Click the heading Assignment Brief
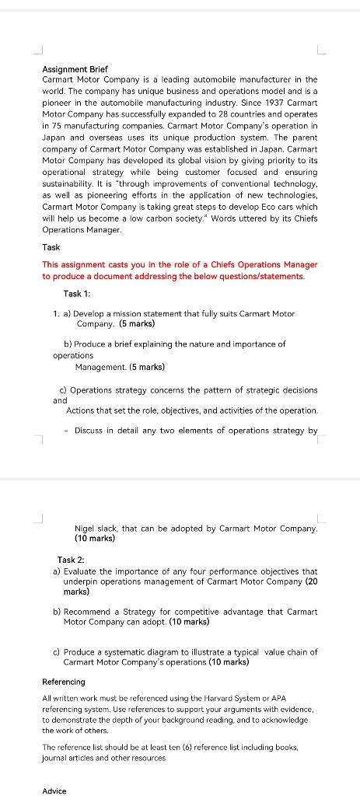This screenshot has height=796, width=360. point(75,69)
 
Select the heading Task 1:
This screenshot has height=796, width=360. point(77,293)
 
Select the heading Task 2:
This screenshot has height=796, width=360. point(71,560)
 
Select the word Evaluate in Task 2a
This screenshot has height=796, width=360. point(82,571)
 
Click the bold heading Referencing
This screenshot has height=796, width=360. point(64,682)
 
